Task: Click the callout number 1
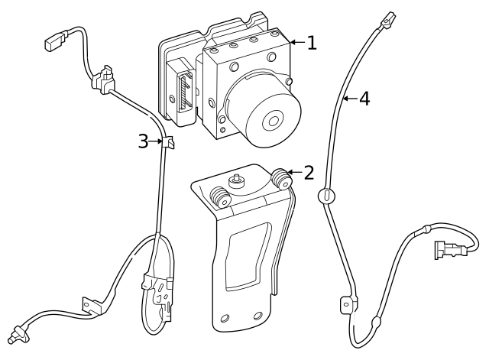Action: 312,43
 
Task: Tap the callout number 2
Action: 309,173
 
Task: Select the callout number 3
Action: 143,141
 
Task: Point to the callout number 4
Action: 364,99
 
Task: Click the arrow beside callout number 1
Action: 297,42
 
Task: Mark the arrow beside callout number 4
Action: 350,99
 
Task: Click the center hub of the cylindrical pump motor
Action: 274,121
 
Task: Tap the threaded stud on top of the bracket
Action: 236,180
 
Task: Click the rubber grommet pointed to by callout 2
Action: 281,179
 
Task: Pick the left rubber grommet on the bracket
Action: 220,197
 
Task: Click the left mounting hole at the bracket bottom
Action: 225,319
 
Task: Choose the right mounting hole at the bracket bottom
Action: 258,316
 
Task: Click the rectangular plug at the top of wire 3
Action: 56,40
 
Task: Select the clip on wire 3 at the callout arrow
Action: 168,142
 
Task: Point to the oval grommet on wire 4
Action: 326,196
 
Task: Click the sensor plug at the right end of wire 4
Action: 450,250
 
